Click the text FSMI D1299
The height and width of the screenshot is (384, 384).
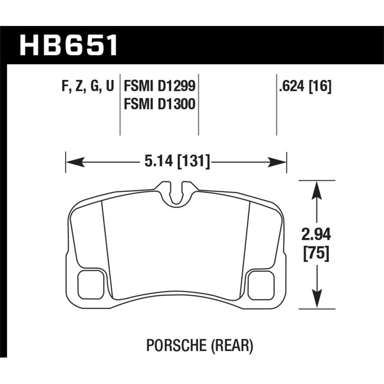pos(159,86)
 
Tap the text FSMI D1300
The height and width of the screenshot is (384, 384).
pos(159,103)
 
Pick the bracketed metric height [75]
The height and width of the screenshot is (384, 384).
pos(316,253)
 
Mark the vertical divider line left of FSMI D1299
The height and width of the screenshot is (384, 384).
pos(120,106)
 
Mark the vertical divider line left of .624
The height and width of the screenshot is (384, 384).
pos(276,106)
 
